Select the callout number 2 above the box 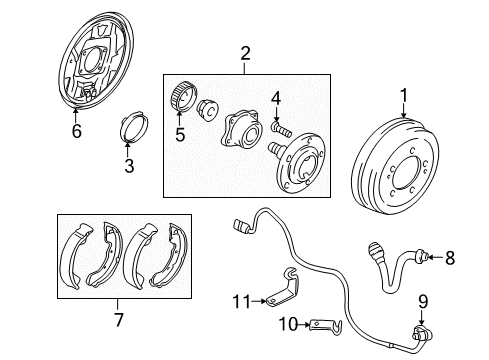[x=242, y=55]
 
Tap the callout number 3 [x=129, y=166]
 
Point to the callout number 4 [x=277, y=97]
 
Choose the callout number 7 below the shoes [x=117, y=320]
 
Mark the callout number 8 [x=449, y=258]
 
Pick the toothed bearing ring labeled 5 [x=181, y=97]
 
